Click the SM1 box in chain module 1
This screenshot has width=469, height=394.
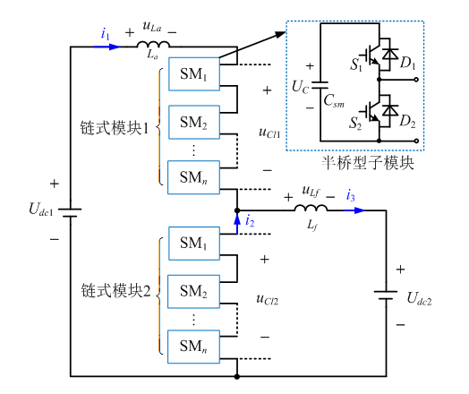(192, 73)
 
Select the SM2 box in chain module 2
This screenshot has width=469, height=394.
(192, 293)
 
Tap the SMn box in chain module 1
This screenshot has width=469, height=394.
(192, 173)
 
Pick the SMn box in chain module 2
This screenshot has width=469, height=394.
(192, 345)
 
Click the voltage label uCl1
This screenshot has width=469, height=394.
(268, 132)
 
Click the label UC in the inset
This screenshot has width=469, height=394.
(301, 88)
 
